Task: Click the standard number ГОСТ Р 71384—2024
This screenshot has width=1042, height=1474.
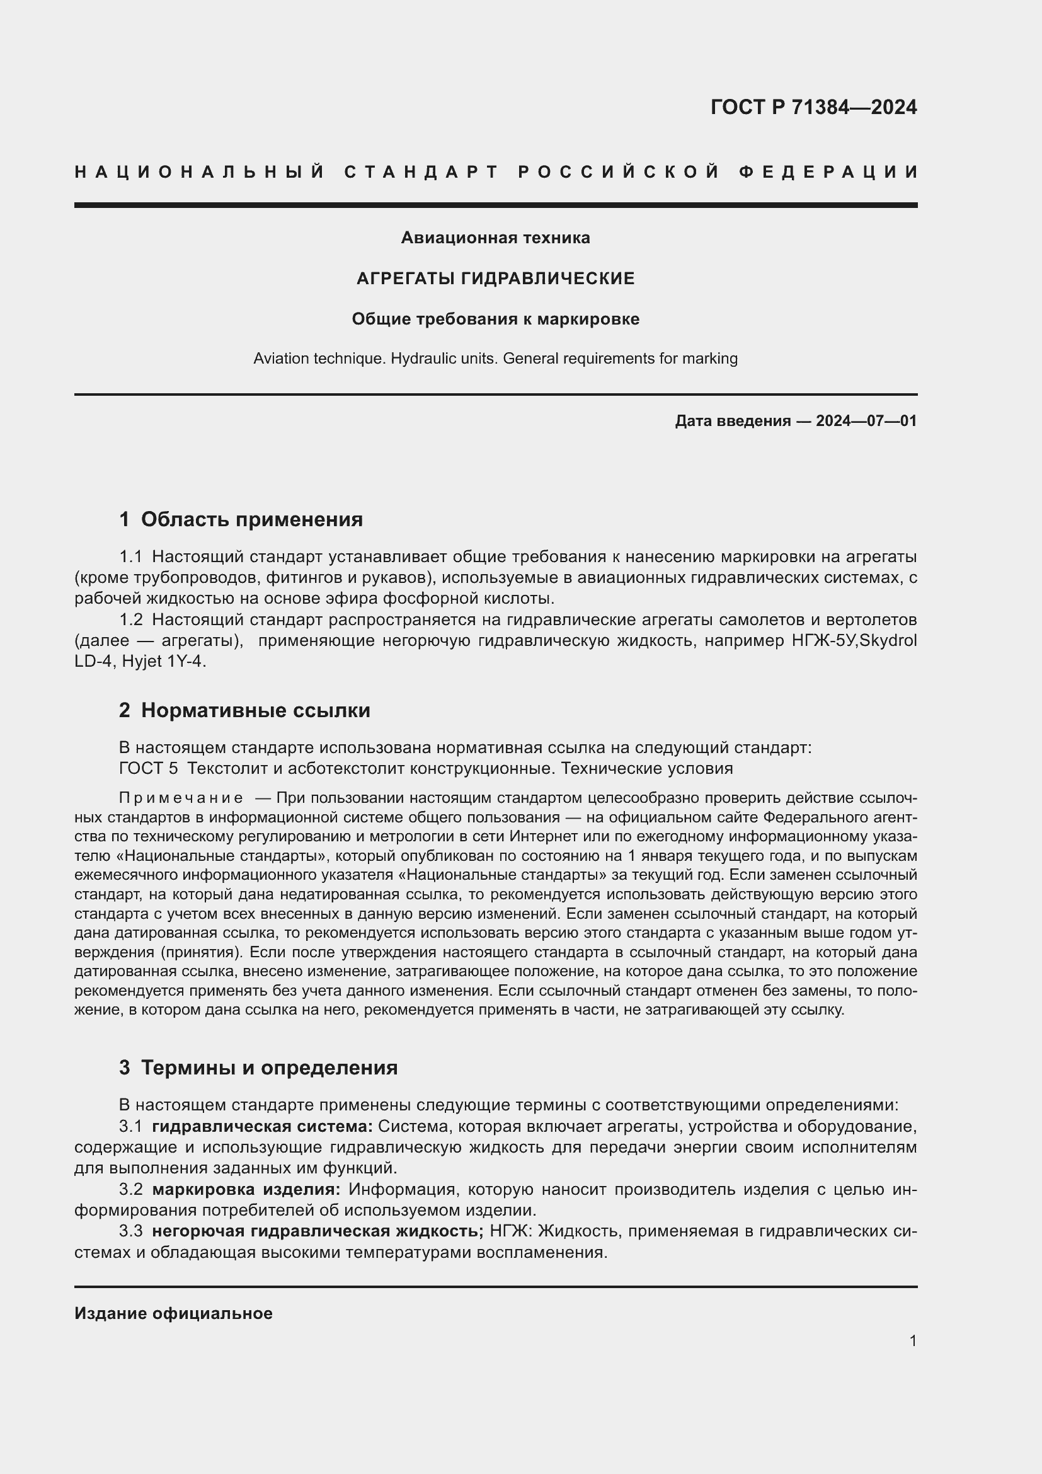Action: (813, 107)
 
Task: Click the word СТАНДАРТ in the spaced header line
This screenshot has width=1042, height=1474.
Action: (421, 172)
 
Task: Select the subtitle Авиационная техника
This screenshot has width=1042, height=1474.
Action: (495, 238)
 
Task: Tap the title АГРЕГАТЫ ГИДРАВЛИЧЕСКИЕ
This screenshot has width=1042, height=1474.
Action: (495, 278)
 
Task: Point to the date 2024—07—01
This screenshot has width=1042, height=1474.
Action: (866, 421)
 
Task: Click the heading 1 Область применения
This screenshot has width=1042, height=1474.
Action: (241, 519)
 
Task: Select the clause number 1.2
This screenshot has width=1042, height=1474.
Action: (130, 619)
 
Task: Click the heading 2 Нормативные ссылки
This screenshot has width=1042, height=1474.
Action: (244, 710)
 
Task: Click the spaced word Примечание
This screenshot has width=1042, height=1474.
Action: (181, 798)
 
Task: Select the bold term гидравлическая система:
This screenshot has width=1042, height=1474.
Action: (262, 1126)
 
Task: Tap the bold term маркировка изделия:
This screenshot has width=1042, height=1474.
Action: (246, 1189)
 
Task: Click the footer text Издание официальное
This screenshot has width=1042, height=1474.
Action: (173, 1313)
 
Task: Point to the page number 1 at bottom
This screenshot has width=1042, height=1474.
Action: (912, 1340)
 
